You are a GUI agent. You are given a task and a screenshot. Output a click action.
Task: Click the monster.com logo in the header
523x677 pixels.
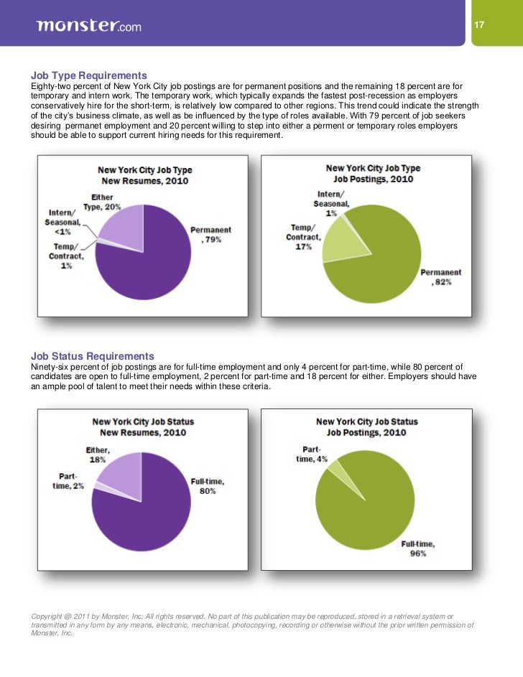tap(88, 27)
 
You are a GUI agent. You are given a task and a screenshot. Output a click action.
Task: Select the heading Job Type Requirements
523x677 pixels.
tap(89, 75)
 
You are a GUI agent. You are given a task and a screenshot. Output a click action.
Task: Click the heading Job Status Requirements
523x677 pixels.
tap(92, 356)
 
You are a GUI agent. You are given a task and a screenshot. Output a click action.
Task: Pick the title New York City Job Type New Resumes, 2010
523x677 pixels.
tap(145, 174)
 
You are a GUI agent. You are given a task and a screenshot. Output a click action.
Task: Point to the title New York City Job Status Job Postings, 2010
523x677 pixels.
tap(366, 427)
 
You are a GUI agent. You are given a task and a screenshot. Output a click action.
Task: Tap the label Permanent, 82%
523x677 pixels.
tap(440, 278)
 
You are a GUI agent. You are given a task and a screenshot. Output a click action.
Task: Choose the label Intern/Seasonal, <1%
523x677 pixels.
tap(62, 221)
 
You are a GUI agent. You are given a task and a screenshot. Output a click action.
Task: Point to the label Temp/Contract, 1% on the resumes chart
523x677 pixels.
tap(65, 256)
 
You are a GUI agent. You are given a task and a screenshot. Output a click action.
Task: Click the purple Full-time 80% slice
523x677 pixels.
tap(144, 510)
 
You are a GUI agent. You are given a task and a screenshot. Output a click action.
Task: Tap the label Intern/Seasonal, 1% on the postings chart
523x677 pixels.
tap(331, 203)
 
